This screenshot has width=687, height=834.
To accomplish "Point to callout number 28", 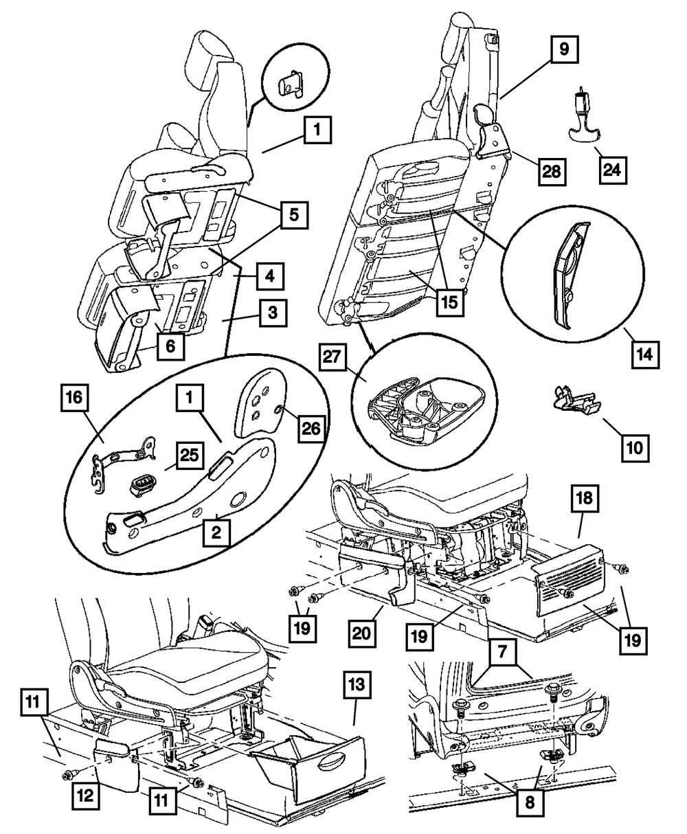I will pyautogui.click(x=551, y=171).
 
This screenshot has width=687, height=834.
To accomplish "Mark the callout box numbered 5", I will pyautogui.click(x=293, y=215).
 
